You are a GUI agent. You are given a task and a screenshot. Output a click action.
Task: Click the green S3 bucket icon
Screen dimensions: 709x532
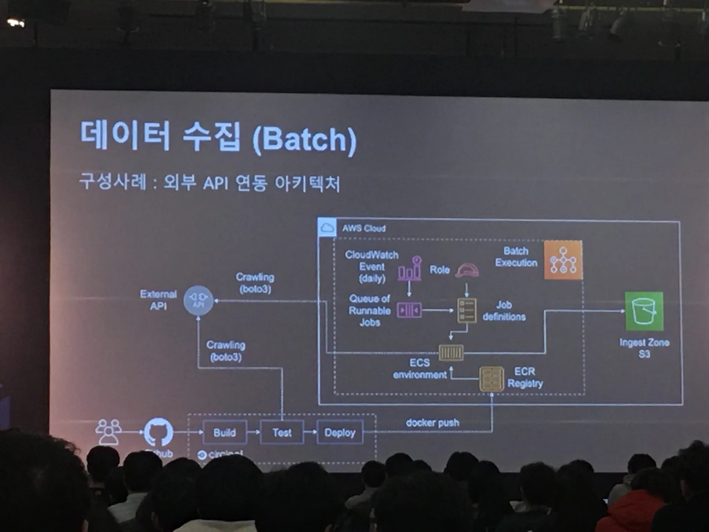[x=644, y=311]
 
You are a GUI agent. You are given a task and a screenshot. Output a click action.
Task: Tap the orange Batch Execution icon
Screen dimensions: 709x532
[x=563, y=260]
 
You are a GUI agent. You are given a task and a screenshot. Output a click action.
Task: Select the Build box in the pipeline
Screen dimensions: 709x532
[x=225, y=432]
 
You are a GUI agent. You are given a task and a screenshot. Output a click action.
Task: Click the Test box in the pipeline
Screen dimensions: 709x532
[x=282, y=432]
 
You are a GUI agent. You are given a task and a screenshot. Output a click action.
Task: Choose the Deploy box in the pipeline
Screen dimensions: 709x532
[x=340, y=432]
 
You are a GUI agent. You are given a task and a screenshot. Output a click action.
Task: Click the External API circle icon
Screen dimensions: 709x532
[x=198, y=300]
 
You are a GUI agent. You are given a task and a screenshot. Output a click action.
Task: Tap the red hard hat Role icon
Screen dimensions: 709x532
[x=467, y=270]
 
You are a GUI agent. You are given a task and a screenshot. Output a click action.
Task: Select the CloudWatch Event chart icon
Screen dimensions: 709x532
[x=410, y=268]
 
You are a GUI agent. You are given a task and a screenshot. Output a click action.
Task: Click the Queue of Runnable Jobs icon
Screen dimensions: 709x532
[x=409, y=310]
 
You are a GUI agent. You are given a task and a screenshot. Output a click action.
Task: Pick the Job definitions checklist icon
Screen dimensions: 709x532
[x=467, y=310]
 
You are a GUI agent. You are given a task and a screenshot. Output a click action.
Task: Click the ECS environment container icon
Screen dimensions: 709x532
[x=451, y=353]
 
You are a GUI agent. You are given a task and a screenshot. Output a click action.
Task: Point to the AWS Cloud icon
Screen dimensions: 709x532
[x=327, y=228]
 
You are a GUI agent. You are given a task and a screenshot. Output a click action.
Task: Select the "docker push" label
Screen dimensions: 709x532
[x=432, y=423]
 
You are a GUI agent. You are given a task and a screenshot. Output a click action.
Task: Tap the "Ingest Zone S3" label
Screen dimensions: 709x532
[x=644, y=348]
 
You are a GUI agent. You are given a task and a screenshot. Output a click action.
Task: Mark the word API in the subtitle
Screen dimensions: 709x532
[x=215, y=183]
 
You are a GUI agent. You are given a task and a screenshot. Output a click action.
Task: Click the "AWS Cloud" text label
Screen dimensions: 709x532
[x=364, y=228]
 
